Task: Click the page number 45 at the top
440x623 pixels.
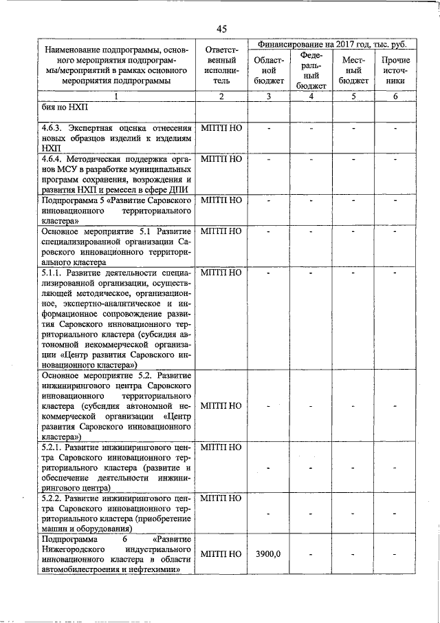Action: tap(221, 28)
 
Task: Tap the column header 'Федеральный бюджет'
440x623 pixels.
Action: tap(311, 70)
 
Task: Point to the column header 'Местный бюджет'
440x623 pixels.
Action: tap(353, 70)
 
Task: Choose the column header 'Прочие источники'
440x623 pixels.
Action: tap(395, 70)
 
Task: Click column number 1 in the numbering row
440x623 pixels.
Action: tap(116, 96)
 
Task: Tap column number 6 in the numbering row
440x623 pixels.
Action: tap(395, 96)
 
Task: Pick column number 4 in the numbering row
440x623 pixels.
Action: tap(311, 96)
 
